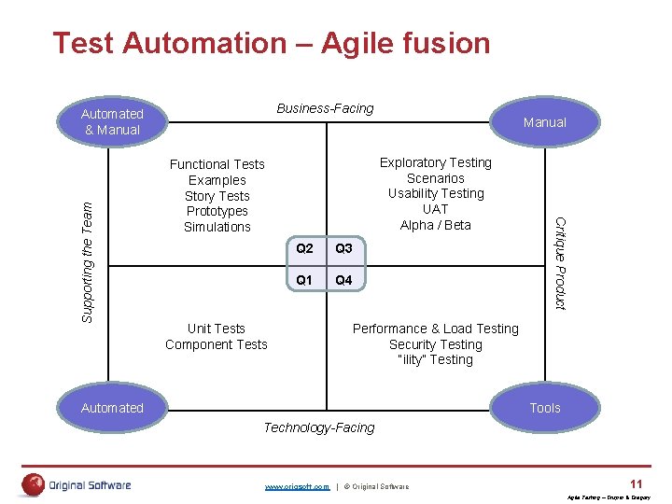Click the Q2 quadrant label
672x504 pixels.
coord(304,248)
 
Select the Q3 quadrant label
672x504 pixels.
coord(343,248)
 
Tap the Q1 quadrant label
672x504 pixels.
coord(304,280)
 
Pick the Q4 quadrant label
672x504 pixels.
coord(343,280)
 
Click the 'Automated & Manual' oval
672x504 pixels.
coord(112,122)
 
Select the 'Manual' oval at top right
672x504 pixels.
coord(544,122)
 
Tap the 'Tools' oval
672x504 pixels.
coord(544,408)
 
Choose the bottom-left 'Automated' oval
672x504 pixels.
coord(112,408)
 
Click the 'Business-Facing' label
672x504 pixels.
coord(325,108)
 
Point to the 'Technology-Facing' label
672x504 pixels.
coord(319,427)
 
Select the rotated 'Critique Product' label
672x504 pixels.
coord(560,263)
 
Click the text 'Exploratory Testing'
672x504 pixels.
coord(435,162)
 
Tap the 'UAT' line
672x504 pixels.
coord(435,209)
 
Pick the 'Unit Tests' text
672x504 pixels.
coord(217,329)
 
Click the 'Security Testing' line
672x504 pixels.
coord(435,344)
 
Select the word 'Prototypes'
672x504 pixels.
coord(217,211)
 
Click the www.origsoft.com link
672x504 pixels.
coord(297,486)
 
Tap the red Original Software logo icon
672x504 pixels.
coord(35,484)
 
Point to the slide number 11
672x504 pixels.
coord(636,483)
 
